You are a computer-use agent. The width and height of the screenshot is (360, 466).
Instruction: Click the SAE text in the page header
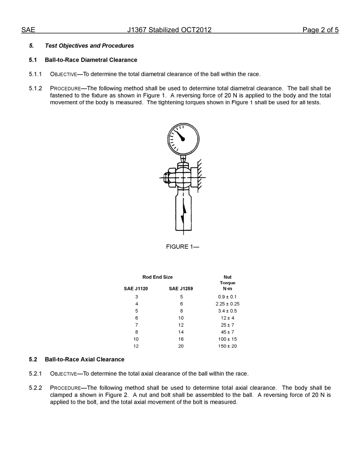coord(28,30)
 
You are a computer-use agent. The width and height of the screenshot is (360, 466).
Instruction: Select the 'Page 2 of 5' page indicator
coord(320,30)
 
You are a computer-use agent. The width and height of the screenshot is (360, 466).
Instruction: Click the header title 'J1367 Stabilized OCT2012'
coord(169,30)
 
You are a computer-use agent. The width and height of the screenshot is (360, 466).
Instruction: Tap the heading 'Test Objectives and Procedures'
coord(89,46)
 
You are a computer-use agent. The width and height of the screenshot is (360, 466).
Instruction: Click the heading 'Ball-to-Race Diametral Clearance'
coord(91,60)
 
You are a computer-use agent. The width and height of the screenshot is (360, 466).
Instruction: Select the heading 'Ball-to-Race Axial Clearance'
coord(84,359)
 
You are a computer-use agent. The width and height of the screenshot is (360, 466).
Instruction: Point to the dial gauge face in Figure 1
coord(183,138)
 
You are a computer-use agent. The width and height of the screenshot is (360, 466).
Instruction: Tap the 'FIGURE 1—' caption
coord(182,247)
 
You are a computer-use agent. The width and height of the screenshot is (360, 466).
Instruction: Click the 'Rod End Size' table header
coord(157,277)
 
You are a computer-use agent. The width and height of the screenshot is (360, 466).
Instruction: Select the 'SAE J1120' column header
coord(136,289)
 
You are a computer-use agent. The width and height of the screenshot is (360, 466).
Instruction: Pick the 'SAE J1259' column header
coord(181,289)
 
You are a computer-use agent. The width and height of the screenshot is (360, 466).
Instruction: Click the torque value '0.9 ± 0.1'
coord(227,297)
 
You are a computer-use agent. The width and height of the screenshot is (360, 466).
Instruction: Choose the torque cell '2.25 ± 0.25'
coord(227,304)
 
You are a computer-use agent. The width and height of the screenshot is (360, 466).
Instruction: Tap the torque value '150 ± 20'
coord(227,346)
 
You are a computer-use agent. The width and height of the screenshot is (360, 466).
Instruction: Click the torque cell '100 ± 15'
coord(227,339)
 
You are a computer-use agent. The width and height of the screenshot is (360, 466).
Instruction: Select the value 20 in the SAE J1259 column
coord(181,346)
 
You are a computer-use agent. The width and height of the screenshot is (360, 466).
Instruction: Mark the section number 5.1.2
coord(35,88)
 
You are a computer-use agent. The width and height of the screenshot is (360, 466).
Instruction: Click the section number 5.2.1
coord(35,374)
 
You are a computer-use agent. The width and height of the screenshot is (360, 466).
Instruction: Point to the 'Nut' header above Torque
coord(227,277)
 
